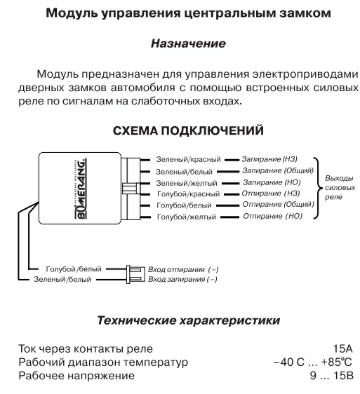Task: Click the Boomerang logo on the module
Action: click(x=81, y=189)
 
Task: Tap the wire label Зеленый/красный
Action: click(x=189, y=159)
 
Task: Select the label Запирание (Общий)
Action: click(x=278, y=170)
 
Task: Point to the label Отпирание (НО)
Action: click(x=272, y=216)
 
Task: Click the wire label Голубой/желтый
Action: click(x=187, y=217)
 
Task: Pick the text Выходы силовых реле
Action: click(x=340, y=187)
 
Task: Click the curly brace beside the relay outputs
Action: click(x=318, y=188)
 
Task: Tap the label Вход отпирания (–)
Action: click(x=183, y=269)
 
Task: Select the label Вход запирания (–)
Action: click(x=182, y=279)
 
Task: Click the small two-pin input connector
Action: click(x=135, y=274)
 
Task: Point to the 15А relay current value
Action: click(x=343, y=348)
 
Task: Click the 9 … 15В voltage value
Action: click(x=332, y=376)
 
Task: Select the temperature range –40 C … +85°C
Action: click(x=313, y=362)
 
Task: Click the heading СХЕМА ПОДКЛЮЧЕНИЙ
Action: click(x=188, y=130)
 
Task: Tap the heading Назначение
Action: click(x=188, y=43)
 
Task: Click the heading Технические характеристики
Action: click(x=189, y=320)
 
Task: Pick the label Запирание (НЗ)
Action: click(x=269, y=159)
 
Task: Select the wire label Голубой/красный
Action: click(x=189, y=194)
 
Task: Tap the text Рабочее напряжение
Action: click(x=76, y=376)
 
